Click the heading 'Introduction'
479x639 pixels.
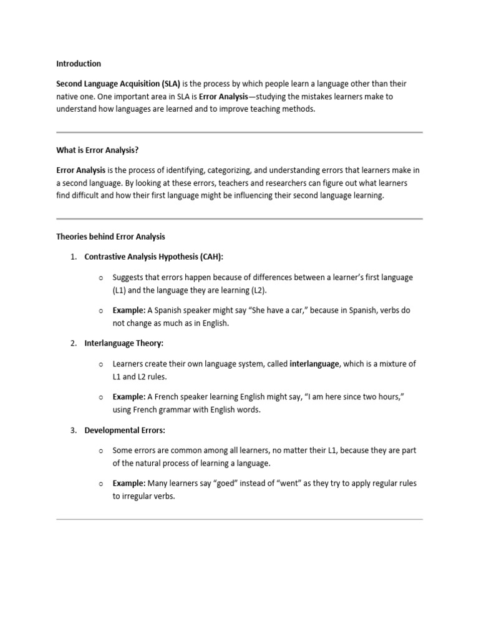79,64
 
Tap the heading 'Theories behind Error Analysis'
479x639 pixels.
111,237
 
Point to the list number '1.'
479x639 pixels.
73,257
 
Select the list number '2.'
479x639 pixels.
73,344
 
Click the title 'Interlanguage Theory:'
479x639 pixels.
123,344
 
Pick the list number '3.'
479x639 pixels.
73,431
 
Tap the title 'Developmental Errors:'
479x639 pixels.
125,431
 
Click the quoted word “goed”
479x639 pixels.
222,484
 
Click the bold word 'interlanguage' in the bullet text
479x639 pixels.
314,364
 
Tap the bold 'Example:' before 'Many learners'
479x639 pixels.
129,484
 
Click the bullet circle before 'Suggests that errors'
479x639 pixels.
101,278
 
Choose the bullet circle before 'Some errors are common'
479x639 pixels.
101,451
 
